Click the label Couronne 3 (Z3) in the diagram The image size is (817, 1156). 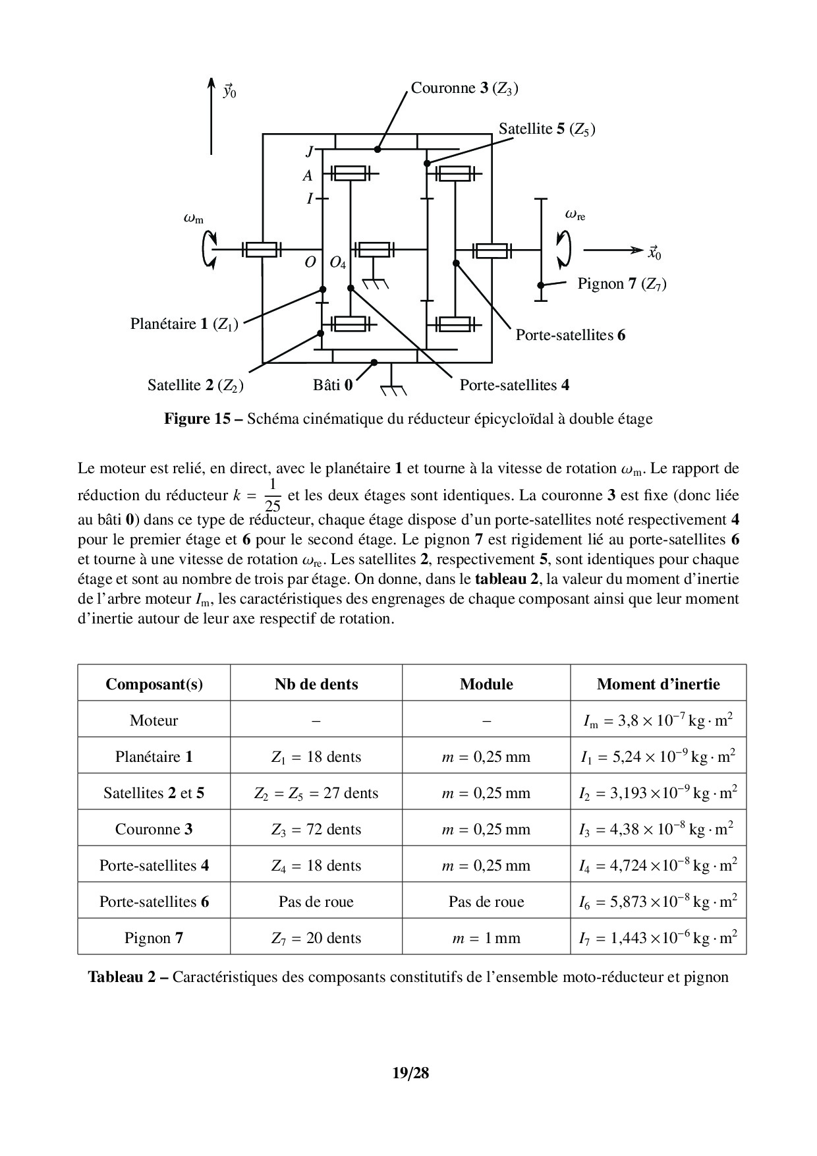[x=464, y=88]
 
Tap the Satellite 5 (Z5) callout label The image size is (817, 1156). [x=546, y=129]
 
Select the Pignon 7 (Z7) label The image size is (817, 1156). [x=621, y=284]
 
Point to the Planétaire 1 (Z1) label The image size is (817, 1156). [x=184, y=324]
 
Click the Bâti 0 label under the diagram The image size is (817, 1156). [x=333, y=385]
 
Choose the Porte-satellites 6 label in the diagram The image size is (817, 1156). [x=570, y=335]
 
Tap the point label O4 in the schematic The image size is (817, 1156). [x=337, y=262]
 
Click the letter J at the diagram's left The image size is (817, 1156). [x=309, y=152]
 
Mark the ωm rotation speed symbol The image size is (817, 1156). [x=193, y=217]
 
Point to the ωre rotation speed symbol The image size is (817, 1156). [x=575, y=214]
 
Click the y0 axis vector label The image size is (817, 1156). [x=229, y=91]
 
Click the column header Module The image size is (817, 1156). [x=486, y=684]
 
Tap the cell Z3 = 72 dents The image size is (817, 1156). [x=316, y=829]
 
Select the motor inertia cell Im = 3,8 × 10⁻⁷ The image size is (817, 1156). [x=658, y=720]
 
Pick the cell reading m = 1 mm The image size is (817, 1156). [x=486, y=938]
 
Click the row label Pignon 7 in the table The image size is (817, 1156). [x=154, y=938]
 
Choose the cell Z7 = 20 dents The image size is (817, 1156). [x=316, y=938]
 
